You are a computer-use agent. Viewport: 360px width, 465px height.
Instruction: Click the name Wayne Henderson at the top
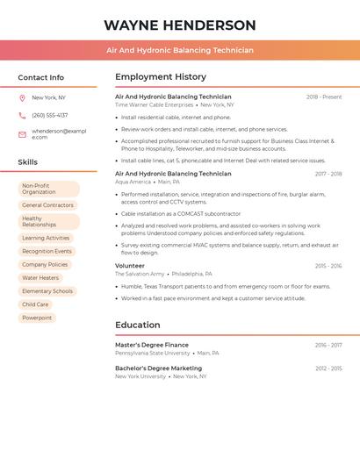[x=180, y=25]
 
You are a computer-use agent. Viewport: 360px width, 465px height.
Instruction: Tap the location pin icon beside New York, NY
[x=22, y=97]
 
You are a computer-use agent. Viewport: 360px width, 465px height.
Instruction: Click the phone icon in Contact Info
[x=22, y=115]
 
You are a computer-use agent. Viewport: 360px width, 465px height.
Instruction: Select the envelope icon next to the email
[x=22, y=134]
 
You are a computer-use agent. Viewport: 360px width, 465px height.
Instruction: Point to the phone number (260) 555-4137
[x=49, y=115]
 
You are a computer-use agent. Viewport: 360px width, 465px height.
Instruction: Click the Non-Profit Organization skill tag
[x=48, y=189]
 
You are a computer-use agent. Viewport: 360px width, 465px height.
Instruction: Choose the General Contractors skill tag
[x=47, y=205]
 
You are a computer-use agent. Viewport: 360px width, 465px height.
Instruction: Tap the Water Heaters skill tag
[x=40, y=277]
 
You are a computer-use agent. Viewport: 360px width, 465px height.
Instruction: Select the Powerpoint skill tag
[x=37, y=318]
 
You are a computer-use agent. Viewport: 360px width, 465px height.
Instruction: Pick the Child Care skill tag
[x=35, y=304]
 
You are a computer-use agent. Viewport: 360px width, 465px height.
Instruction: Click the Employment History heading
[x=161, y=77]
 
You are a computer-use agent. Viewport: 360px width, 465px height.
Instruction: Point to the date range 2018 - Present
[x=324, y=97]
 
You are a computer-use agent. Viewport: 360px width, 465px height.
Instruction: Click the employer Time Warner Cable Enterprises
[x=154, y=104]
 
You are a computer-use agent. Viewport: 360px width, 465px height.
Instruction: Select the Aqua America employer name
[x=133, y=182]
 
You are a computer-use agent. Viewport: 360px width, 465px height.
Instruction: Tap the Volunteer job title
[x=130, y=265]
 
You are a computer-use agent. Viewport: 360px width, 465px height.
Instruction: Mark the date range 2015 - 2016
[x=328, y=265]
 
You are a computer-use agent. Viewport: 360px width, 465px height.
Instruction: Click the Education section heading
[x=137, y=325]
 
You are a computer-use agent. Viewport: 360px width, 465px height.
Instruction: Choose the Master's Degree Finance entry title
[x=152, y=345]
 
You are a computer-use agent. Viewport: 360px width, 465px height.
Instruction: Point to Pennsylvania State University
[x=152, y=353]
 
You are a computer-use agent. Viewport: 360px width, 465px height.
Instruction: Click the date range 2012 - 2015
[x=328, y=368]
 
